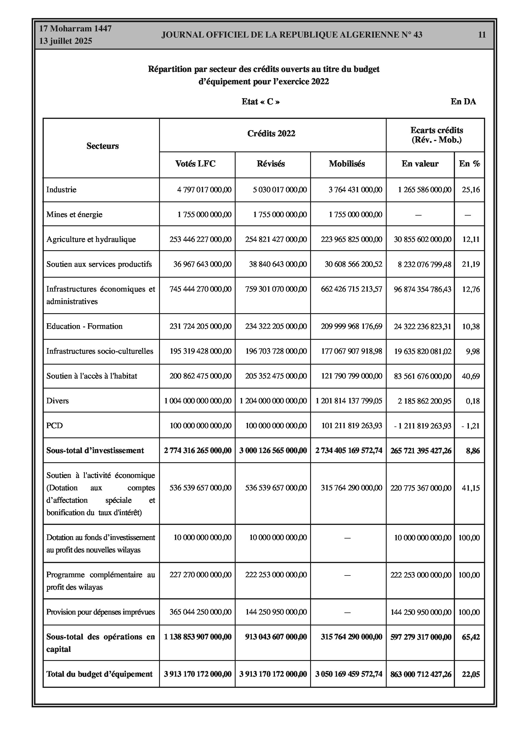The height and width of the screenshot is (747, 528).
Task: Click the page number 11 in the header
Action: pyautogui.click(x=482, y=35)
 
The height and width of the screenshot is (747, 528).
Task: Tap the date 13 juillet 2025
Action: pyautogui.click(x=66, y=41)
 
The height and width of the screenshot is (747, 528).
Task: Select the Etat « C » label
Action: pyautogui.click(x=260, y=102)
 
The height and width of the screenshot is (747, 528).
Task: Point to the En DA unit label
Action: pyautogui.click(x=463, y=102)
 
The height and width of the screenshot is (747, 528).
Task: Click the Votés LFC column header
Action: pyautogui.click(x=195, y=164)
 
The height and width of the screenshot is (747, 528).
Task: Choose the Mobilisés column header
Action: pyautogui.click(x=347, y=164)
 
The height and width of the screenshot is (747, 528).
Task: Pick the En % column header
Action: pyautogui.click(x=469, y=164)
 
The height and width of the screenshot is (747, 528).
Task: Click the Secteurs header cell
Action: pyautogui.click(x=103, y=146)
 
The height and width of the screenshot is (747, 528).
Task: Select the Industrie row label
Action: pyautogui.click(x=61, y=190)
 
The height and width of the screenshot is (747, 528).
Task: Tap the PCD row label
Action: pyautogui.click(x=54, y=426)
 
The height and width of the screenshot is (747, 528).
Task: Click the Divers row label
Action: pyautogui.click(x=57, y=401)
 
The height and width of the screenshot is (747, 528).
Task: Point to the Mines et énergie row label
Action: pyautogui.click(x=74, y=214)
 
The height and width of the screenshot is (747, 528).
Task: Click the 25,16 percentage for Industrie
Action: pyautogui.click(x=471, y=190)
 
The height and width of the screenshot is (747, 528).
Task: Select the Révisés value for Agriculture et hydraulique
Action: pyautogui.click(x=276, y=240)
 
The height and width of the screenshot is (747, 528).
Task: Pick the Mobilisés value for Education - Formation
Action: pyautogui.click(x=351, y=326)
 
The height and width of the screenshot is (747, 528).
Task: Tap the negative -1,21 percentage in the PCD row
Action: pyautogui.click(x=470, y=426)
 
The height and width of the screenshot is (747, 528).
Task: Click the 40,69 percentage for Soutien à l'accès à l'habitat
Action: pyautogui.click(x=471, y=376)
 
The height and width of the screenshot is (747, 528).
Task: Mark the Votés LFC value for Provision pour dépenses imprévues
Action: pyautogui.click(x=200, y=612)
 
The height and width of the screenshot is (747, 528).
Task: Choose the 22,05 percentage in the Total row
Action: pyautogui.click(x=471, y=675)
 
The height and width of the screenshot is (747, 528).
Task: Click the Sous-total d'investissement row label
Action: pyautogui.click(x=95, y=451)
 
